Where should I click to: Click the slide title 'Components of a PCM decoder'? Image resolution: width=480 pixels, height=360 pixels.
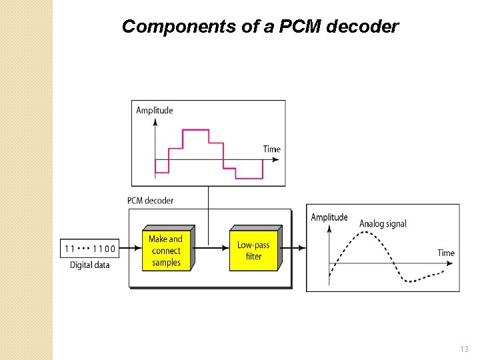[x=261, y=27]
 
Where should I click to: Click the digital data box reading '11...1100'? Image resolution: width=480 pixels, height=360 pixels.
[x=90, y=249]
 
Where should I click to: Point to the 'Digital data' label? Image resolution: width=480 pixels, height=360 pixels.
[x=90, y=265]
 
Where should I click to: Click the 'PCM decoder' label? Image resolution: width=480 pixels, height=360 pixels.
[x=150, y=200]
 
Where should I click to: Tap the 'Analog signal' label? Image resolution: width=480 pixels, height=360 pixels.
[x=383, y=224]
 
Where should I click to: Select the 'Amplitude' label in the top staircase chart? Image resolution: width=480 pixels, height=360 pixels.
[x=154, y=111]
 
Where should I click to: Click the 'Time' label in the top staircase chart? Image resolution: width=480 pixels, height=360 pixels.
[x=271, y=149]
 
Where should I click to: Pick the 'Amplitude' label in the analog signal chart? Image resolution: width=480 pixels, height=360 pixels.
[x=329, y=217]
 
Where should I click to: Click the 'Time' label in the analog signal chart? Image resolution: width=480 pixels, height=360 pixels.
[x=446, y=253]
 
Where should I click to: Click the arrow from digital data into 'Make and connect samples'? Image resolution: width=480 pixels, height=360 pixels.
[x=131, y=249]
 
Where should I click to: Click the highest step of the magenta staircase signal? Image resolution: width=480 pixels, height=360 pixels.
[x=196, y=131]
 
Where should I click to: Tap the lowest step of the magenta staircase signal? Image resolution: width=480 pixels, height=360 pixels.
[x=249, y=178]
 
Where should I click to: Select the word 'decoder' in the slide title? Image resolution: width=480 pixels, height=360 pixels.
[x=365, y=27]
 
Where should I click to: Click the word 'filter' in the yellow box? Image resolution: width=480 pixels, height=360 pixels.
[x=253, y=257]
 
